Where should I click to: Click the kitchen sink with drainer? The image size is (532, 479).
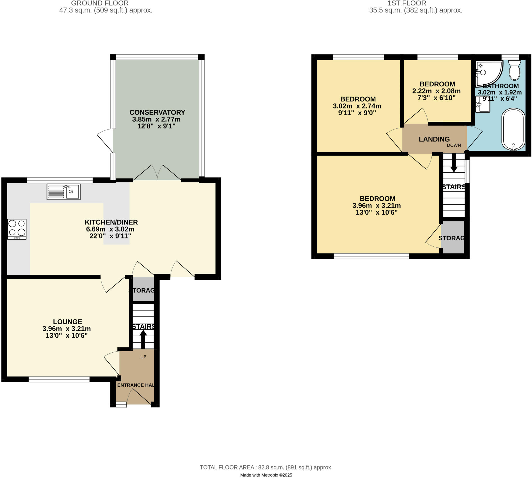click(63, 191)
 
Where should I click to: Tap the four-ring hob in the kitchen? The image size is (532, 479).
click(17, 229)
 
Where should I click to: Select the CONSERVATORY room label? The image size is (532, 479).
click(157, 112)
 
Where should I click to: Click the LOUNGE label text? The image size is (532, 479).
click(68, 321)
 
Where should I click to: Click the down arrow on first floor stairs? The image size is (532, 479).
click(454, 163)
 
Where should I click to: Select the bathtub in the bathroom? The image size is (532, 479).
click(513, 129)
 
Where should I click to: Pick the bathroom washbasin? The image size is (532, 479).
click(482, 105)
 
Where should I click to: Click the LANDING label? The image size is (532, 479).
click(434, 139)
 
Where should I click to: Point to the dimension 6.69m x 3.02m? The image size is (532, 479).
click(110, 229)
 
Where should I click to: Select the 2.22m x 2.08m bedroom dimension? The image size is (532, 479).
click(436, 91)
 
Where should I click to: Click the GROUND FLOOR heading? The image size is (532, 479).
click(100, 3)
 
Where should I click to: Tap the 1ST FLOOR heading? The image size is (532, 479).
click(407, 3)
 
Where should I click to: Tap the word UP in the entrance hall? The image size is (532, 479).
click(143, 357)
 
